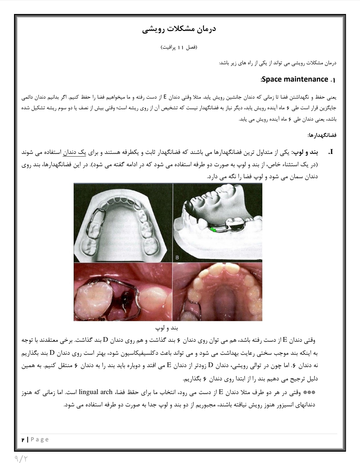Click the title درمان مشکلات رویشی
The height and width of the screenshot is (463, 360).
[x=180, y=30]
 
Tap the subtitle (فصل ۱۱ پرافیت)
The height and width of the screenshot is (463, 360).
[x=180, y=48]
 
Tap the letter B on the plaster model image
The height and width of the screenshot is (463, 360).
[x=177, y=257]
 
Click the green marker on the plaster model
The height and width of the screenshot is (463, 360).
[x=212, y=229]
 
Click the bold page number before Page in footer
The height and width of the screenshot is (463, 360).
[x=23, y=440]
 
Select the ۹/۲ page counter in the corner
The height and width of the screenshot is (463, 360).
[x=21, y=459]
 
